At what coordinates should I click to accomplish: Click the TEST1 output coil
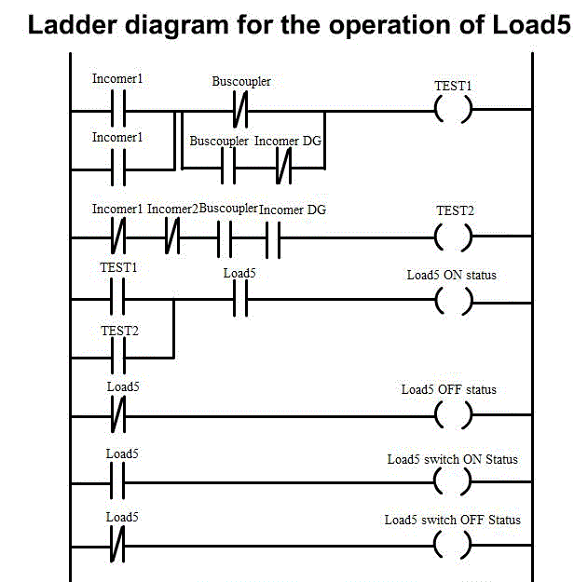[454, 111]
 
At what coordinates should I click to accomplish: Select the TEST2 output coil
[454, 237]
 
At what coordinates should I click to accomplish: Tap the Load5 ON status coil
[454, 300]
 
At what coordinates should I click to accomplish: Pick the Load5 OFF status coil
[454, 415]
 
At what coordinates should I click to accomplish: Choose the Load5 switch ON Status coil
[454, 482]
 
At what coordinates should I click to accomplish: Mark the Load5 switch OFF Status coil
[454, 544]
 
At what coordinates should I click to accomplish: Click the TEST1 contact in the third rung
[117, 300]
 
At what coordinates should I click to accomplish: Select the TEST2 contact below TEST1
[117, 355]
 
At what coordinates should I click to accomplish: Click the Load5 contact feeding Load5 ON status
[239, 300]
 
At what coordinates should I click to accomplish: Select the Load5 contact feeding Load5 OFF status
[117, 415]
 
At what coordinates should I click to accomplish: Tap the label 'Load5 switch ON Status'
[452, 459]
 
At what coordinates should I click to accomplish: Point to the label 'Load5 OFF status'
[448, 389]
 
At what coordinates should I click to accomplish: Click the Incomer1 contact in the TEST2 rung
[117, 237]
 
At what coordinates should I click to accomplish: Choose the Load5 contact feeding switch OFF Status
[117, 544]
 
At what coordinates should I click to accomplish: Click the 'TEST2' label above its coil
[455, 210]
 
